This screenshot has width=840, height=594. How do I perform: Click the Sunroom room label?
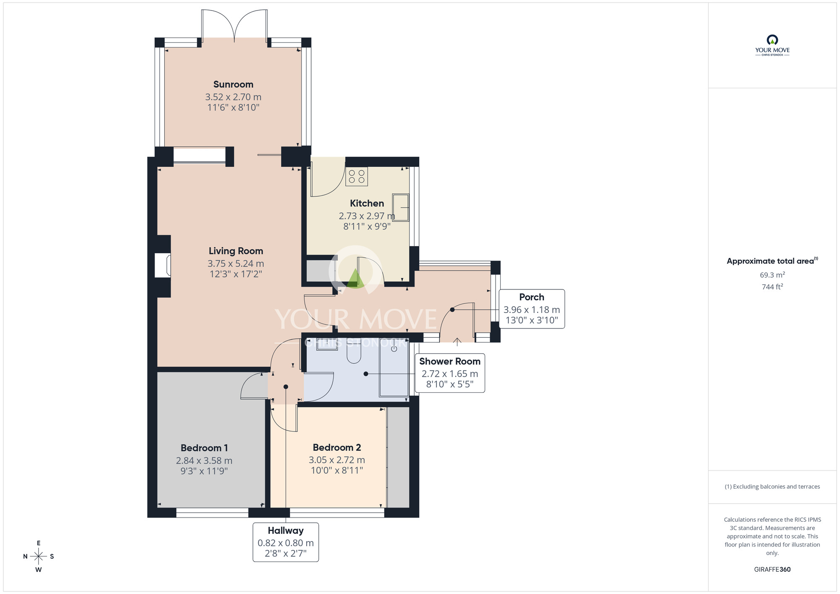[233, 84]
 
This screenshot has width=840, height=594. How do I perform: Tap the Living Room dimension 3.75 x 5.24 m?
[236, 263]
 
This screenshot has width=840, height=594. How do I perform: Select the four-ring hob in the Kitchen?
[357, 176]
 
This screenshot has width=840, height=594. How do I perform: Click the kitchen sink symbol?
[400, 207]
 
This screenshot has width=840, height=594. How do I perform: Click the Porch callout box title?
[531, 297]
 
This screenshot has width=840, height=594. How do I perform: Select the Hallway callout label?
[286, 531]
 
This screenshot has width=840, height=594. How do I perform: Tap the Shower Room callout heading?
[449, 361]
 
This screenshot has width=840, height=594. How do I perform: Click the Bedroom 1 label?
[204, 448]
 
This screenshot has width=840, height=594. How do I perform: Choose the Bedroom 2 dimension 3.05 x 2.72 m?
[336, 460]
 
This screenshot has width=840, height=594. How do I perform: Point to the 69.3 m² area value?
[772, 275]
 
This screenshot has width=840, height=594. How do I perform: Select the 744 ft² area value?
[772, 287]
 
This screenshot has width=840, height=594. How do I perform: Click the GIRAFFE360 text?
[772, 570]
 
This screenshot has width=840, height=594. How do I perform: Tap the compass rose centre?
[39, 557]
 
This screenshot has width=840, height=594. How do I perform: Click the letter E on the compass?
[39, 543]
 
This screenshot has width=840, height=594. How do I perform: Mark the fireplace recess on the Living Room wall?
[163, 265]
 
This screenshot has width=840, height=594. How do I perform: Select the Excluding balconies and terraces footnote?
[772, 486]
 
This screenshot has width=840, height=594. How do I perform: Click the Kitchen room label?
[367, 203]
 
